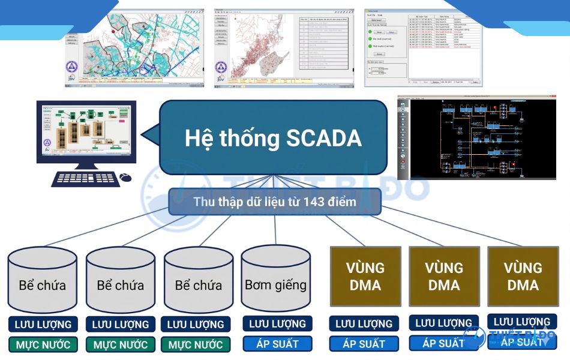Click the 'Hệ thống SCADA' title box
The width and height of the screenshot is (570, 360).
coord(273,138)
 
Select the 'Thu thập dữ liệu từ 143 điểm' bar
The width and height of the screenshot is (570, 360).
coord(275,202)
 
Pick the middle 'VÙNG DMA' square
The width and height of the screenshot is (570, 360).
coord(444,276)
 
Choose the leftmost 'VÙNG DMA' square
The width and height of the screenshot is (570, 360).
coord(365,276)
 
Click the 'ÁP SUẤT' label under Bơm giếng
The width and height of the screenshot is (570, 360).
coord(278,344)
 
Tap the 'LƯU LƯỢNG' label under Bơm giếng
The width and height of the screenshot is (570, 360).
coord(277,323)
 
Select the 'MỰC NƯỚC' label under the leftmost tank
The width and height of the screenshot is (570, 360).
coord(43,345)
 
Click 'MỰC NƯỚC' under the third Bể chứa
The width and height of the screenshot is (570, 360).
coord(196,345)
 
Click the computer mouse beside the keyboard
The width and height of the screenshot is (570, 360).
coord(125,178)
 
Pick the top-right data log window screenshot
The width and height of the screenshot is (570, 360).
coord(424,48)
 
